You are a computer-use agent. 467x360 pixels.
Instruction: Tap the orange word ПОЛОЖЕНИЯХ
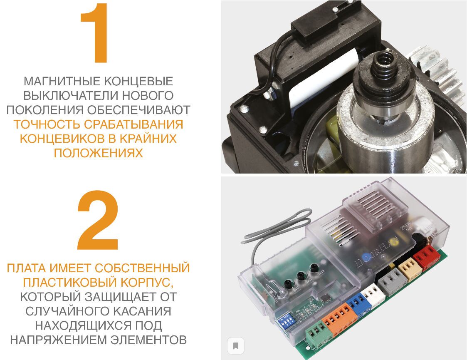coord(98,153)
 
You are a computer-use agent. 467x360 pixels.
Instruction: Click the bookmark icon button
coord(236,345)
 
